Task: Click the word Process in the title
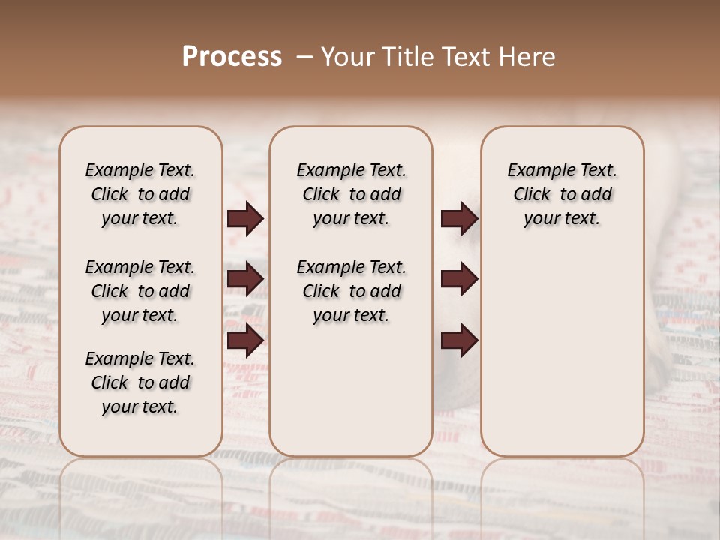232,57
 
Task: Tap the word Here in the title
529,57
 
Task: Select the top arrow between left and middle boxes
245,219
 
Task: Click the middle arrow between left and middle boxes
245,279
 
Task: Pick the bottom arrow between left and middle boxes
245,341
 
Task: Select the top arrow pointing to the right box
459,219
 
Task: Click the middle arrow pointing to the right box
459,279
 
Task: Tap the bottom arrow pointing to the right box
459,341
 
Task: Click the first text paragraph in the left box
140,194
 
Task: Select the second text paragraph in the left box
140,291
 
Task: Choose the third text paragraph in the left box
140,382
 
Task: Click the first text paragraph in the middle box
351,194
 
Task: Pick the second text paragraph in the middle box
351,291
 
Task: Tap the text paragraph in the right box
562,194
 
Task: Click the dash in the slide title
304,57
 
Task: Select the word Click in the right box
532,195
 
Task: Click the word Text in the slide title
466,57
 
